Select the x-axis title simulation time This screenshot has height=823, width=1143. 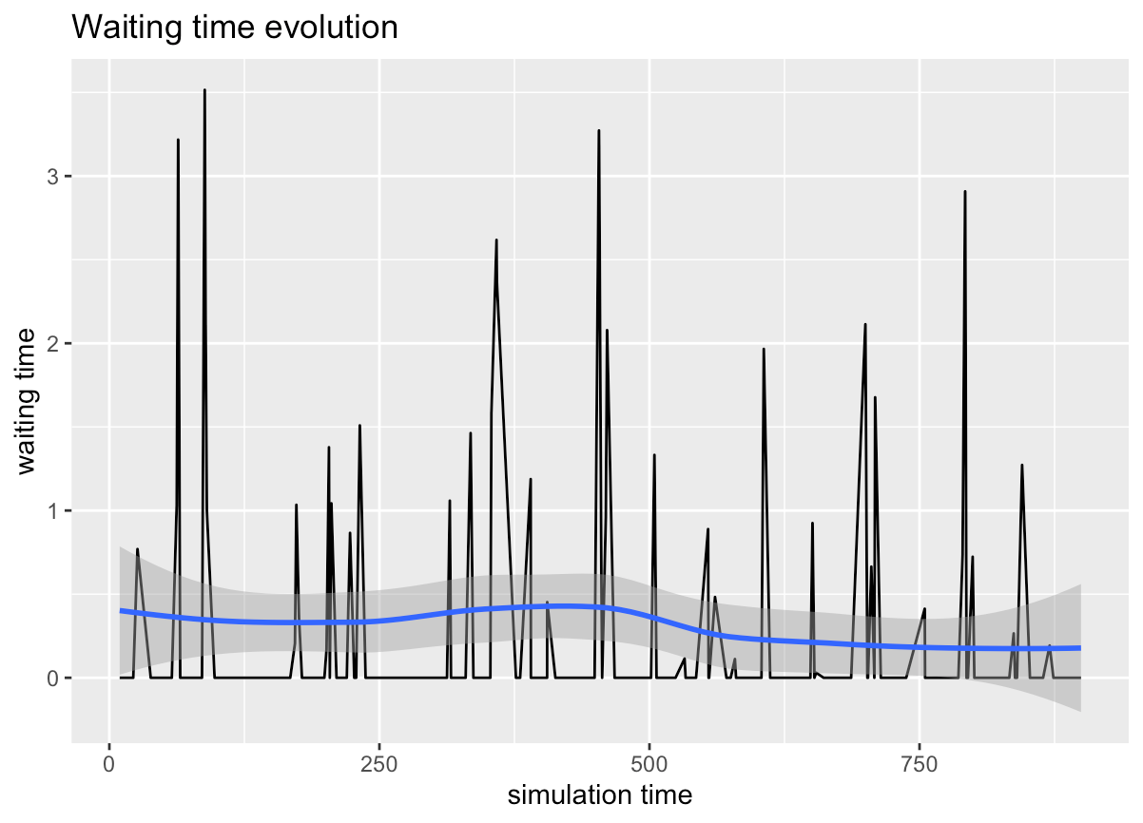click(x=599, y=794)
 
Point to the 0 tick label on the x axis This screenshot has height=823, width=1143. click(x=109, y=765)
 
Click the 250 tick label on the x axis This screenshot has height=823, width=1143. click(x=379, y=765)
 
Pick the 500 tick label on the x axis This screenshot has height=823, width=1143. click(x=649, y=765)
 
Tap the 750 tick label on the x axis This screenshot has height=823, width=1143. click(x=920, y=765)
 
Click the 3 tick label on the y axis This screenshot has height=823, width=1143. click(x=54, y=177)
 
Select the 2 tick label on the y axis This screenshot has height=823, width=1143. click(x=54, y=343)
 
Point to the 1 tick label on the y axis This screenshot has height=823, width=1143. click(x=54, y=510)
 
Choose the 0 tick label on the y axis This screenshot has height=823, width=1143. click(x=54, y=678)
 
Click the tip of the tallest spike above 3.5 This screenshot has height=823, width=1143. click(x=204, y=90)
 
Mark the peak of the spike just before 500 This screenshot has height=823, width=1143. click(x=598, y=130)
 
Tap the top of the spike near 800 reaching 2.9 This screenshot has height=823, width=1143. click(x=965, y=191)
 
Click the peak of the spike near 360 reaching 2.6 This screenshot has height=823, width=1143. click(x=496, y=239)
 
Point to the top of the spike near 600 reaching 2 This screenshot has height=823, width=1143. click(x=764, y=349)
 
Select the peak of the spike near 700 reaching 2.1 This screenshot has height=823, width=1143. click(x=865, y=324)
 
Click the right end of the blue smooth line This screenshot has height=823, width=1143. click(x=1081, y=648)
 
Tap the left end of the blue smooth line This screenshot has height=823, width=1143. click(x=121, y=610)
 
